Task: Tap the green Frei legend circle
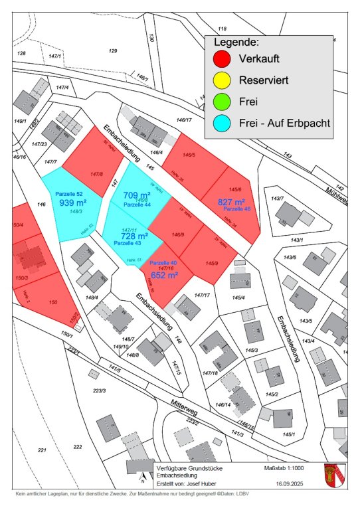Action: pyautogui.click(x=222, y=102)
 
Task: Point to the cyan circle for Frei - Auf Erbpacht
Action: pyautogui.click(x=222, y=124)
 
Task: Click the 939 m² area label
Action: pyautogui.click(x=73, y=203)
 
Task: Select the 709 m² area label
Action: pyautogui.click(x=137, y=195)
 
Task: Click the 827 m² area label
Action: pyautogui.click(x=232, y=202)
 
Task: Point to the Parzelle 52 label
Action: pyautogui.click(x=70, y=193)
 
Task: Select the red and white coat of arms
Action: pyautogui.click(x=333, y=475)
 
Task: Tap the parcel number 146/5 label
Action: pyautogui.click(x=189, y=155)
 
